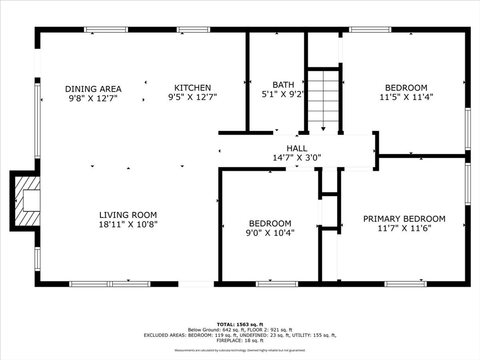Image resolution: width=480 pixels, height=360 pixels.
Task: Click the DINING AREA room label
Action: (x=93, y=89)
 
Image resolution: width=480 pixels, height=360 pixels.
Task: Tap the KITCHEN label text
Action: (x=193, y=88)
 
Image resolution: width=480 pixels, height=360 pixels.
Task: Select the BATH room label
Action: (x=283, y=84)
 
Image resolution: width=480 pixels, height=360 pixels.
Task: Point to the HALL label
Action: (x=297, y=149)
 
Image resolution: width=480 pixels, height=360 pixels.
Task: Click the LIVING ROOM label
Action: (x=128, y=215)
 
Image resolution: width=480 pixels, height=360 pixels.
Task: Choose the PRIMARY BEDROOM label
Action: (x=405, y=219)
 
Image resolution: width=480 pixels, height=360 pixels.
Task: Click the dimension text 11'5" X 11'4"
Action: (x=406, y=97)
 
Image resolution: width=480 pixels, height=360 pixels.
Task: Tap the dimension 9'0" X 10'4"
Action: (x=270, y=232)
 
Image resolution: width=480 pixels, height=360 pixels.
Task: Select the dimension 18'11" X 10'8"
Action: (x=128, y=224)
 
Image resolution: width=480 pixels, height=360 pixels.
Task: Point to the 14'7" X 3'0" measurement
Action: (x=297, y=157)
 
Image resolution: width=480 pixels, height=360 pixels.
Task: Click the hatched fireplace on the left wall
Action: (x=28, y=201)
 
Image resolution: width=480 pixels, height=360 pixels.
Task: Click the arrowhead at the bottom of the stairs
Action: (x=323, y=129)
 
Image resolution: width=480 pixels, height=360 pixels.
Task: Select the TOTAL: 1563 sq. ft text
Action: (x=240, y=324)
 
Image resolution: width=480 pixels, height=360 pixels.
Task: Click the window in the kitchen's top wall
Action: (x=194, y=30)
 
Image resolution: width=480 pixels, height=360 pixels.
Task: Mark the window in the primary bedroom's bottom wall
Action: (x=405, y=284)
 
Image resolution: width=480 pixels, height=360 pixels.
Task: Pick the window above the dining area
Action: (x=106, y=30)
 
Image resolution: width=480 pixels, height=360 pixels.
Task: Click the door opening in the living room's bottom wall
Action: (x=196, y=284)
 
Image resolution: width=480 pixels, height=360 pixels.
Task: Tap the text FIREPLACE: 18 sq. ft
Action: (x=240, y=340)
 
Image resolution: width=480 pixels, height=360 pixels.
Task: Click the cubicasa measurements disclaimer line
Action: (x=240, y=350)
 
